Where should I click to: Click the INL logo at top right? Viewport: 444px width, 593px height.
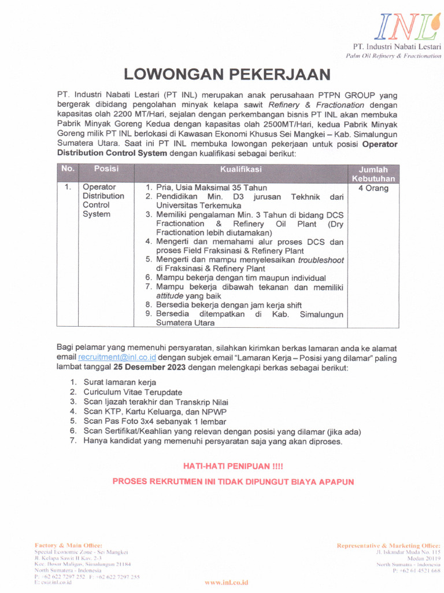404,25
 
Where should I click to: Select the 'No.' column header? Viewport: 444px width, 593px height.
68,169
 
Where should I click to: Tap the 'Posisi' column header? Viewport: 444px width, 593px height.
106,169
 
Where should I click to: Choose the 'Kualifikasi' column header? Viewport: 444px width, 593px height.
240,169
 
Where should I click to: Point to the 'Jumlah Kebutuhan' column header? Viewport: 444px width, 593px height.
373,174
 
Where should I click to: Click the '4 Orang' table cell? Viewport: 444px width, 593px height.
373,188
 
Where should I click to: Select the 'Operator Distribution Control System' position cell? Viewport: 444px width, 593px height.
103,200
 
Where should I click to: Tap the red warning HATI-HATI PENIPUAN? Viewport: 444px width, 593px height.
233,466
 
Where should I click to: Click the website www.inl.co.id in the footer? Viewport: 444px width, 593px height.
226,582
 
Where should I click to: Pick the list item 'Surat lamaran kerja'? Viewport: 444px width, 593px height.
120,382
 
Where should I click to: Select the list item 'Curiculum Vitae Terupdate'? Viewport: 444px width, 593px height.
132,392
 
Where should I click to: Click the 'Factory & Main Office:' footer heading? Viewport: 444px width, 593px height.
68,546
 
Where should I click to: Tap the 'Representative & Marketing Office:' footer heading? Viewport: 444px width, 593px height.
388,546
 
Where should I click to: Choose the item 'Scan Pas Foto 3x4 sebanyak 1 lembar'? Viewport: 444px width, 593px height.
154,422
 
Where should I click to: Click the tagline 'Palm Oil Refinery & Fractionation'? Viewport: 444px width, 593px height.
393,56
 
